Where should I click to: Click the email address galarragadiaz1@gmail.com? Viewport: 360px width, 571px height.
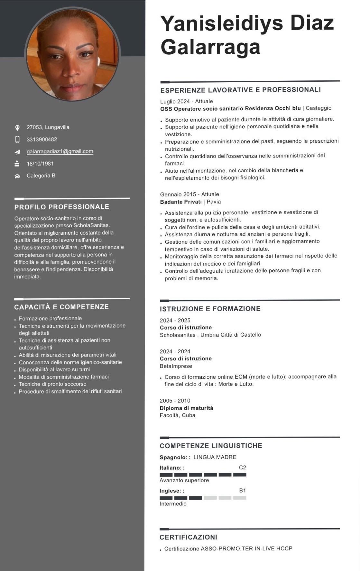point(60,151)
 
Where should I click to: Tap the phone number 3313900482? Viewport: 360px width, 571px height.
point(42,140)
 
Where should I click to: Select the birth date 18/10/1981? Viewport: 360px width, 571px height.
point(40,164)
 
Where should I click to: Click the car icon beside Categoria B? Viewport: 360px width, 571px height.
point(17,176)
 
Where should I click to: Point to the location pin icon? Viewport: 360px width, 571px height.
point(17,128)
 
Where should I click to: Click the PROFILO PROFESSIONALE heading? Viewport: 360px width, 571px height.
point(62,207)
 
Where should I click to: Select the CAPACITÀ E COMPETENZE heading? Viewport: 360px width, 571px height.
point(61,307)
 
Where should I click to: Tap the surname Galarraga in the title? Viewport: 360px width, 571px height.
point(210,47)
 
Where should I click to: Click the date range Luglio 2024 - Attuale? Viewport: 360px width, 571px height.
point(187,101)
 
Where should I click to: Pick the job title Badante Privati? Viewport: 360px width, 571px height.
point(181,202)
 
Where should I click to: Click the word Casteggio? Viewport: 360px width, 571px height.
point(318,108)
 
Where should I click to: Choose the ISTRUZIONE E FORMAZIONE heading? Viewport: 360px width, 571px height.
point(210,309)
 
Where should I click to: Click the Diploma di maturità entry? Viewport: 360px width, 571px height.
point(186,408)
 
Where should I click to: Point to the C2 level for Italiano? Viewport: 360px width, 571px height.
point(242,467)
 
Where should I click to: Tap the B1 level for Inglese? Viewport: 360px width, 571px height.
point(242,491)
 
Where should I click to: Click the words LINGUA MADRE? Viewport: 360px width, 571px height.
point(215,457)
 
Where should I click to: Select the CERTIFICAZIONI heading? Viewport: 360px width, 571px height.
point(188,537)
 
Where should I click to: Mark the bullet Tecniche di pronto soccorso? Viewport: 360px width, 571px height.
point(52,384)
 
